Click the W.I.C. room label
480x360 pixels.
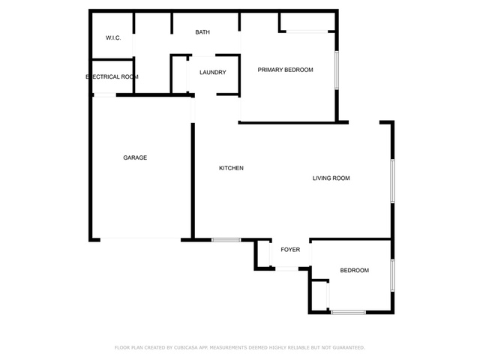tap(113, 38)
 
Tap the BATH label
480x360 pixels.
tap(202, 32)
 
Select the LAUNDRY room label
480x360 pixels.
tap(213, 73)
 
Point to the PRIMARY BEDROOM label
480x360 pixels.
tap(285, 70)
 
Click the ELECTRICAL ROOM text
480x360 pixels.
tap(112, 76)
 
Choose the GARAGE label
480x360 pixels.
tap(135, 157)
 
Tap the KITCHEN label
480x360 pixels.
tap(232, 168)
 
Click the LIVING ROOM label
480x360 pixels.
tap(331, 178)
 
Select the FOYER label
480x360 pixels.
tap(290, 250)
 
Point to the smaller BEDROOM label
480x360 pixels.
tap(355, 270)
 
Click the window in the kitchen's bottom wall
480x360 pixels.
tap(226, 240)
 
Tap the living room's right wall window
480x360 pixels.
tap(392, 181)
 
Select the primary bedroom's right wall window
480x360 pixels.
tap(337, 70)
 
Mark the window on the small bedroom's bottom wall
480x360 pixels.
tap(348, 312)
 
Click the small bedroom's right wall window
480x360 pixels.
tap(392, 275)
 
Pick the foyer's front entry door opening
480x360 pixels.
tap(286, 268)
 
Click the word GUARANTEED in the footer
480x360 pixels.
tap(349, 347)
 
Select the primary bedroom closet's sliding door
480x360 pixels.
tap(307, 31)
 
